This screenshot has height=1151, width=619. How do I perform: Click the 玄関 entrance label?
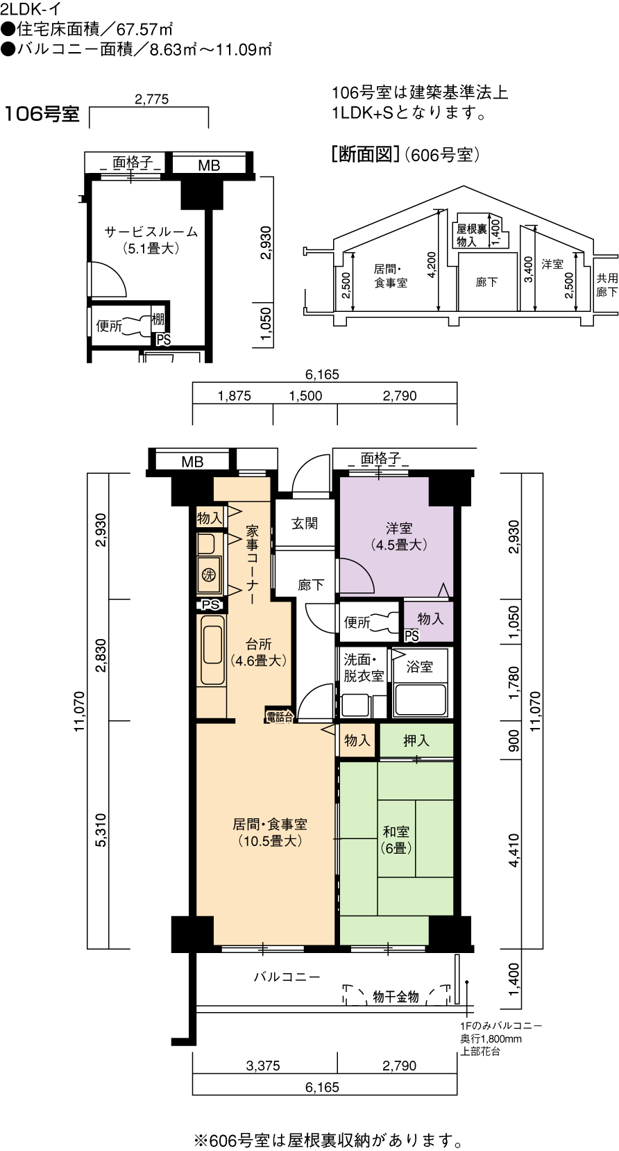click(305, 524)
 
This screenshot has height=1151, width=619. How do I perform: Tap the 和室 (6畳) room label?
click(396, 839)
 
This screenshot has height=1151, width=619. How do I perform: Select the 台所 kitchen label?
click(259, 645)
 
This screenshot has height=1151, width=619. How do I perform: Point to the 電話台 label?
click(280, 717)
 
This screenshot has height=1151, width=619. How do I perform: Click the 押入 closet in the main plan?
click(416, 740)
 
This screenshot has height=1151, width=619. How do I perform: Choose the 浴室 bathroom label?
click(419, 667)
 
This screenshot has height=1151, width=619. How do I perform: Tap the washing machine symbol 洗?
click(209, 575)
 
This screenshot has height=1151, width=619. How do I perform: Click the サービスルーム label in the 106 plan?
click(151, 232)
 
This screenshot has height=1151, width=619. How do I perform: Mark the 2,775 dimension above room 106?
click(151, 99)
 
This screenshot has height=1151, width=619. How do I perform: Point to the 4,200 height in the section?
click(432, 265)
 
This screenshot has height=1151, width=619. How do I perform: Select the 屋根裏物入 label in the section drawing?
click(472, 235)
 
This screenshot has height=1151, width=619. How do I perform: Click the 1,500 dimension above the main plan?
click(305, 396)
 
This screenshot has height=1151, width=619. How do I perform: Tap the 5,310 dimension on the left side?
click(101, 830)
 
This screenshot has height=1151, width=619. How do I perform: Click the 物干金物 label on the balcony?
click(396, 997)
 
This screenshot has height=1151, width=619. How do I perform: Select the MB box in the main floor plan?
click(192, 461)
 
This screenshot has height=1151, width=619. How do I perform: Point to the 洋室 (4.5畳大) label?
click(399, 536)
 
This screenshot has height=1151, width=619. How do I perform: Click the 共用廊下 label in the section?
click(607, 285)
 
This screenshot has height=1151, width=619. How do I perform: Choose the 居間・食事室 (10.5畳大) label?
click(269, 832)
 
